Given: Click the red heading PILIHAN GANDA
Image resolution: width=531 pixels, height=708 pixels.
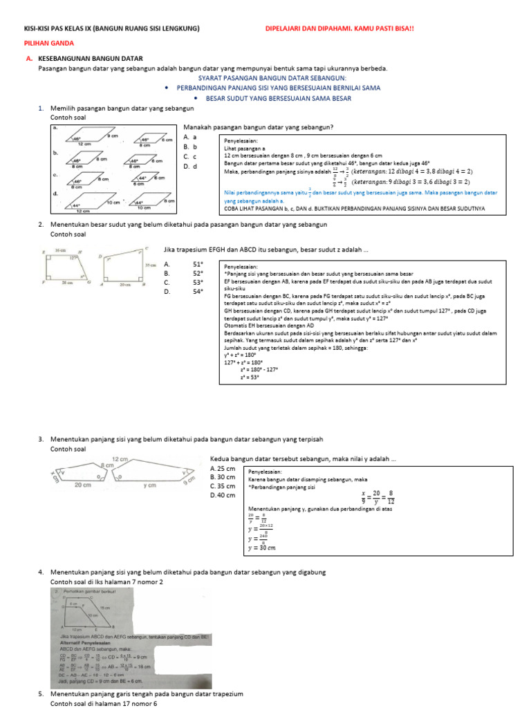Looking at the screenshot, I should (x=44, y=42).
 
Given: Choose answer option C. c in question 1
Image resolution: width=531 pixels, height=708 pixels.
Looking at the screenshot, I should (x=190, y=156).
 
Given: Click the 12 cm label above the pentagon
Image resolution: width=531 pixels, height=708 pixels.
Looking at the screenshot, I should (x=120, y=459).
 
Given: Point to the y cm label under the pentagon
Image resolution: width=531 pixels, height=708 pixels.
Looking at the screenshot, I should (x=150, y=485).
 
